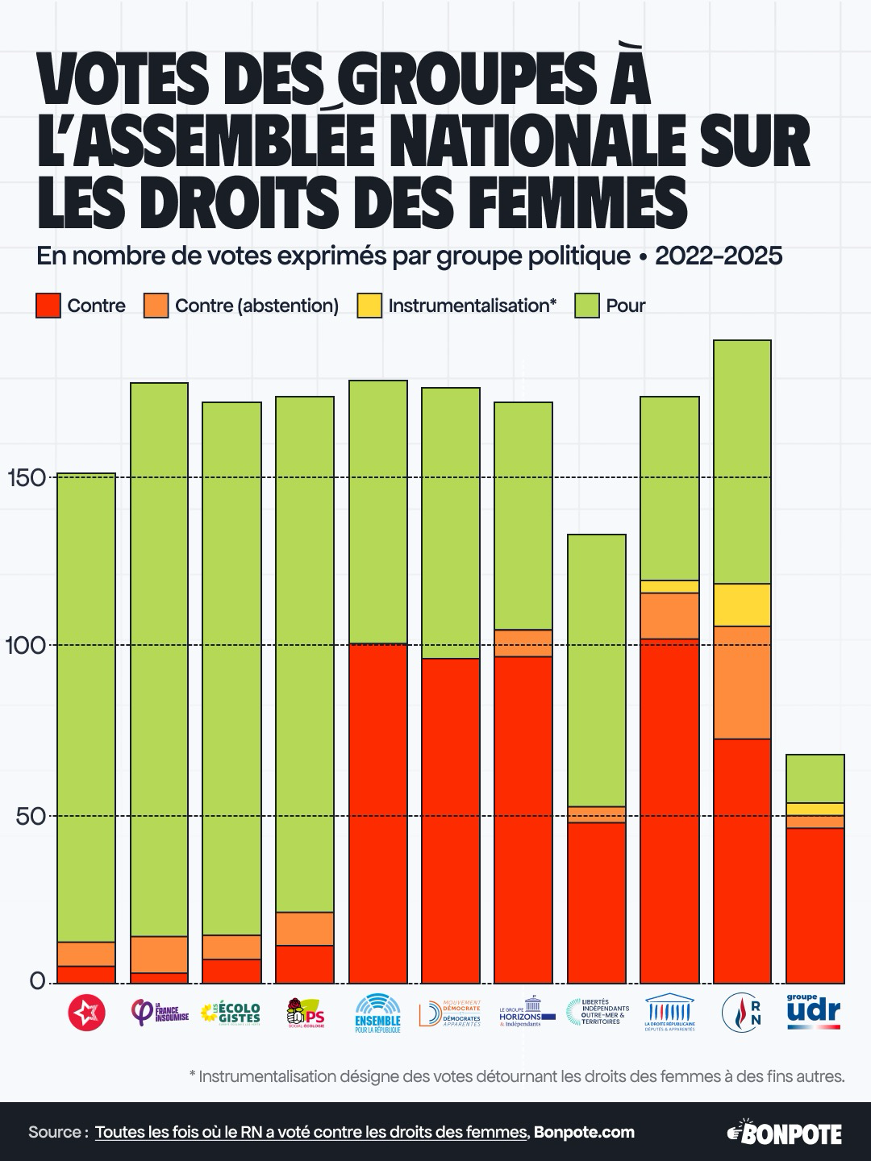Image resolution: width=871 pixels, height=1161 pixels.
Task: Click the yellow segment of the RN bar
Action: tap(742, 605)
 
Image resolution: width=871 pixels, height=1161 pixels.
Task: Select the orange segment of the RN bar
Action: tap(742, 682)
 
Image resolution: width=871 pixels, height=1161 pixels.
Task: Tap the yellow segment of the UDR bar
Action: tap(815, 809)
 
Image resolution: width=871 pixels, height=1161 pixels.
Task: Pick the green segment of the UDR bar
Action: tap(815, 778)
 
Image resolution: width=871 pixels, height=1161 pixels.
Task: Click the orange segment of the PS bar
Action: tap(305, 928)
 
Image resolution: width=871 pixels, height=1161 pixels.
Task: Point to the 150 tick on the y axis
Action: tap(27, 477)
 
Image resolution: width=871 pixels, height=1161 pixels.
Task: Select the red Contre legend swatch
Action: tap(48, 306)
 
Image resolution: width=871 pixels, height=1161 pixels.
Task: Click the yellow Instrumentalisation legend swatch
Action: tap(369, 306)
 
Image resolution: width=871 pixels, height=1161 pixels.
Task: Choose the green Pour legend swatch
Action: tap(587, 306)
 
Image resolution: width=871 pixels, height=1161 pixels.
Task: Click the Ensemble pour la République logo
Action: tap(377, 1013)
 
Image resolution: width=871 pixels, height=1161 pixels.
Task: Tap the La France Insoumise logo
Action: tap(160, 1013)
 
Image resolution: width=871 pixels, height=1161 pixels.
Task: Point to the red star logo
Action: tap(86, 1013)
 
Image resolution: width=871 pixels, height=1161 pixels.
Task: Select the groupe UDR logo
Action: tap(813, 1011)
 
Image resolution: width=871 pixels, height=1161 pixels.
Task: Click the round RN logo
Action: tap(742, 1013)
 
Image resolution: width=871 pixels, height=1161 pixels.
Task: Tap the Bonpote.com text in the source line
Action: tap(584, 1132)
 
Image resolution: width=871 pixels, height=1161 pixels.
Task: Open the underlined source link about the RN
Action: tap(310, 1132)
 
